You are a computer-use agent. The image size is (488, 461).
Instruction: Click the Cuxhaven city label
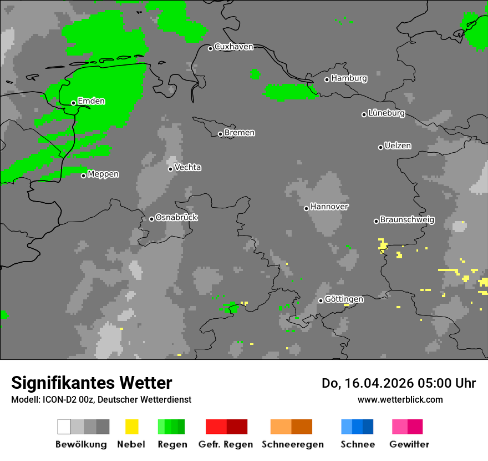coord(233,47)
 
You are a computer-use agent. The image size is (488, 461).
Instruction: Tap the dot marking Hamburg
coord(327,79)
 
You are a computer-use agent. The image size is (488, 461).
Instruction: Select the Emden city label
coord(91,102)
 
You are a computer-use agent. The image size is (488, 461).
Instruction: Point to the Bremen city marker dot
coord(220,134)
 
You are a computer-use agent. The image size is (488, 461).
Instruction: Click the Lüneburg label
coord(387,113)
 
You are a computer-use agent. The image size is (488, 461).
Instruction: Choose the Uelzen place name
coord(398,146)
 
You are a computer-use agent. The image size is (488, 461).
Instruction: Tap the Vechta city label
coord(187,168)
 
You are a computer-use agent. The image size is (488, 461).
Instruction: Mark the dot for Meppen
coord(84,176)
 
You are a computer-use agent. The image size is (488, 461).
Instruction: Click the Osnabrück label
coord(176,218)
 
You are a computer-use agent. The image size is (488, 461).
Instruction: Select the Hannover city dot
coord(306,208)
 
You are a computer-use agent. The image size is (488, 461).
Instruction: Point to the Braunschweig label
coord(407,220)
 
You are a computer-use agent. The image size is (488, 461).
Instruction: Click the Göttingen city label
coord(344,299)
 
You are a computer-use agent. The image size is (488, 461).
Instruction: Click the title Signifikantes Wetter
coord(91,383)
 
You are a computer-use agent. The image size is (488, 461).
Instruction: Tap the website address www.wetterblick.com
coord(400,399)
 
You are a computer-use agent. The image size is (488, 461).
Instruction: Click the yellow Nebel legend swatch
coord(131,427)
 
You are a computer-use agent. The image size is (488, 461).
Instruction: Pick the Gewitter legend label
coord(409,444)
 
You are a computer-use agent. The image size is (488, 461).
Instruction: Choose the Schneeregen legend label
coord(292,444)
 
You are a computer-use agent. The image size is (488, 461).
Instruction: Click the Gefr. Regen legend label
coord(226,444)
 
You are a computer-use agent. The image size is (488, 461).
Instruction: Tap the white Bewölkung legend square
coord(64,427)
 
